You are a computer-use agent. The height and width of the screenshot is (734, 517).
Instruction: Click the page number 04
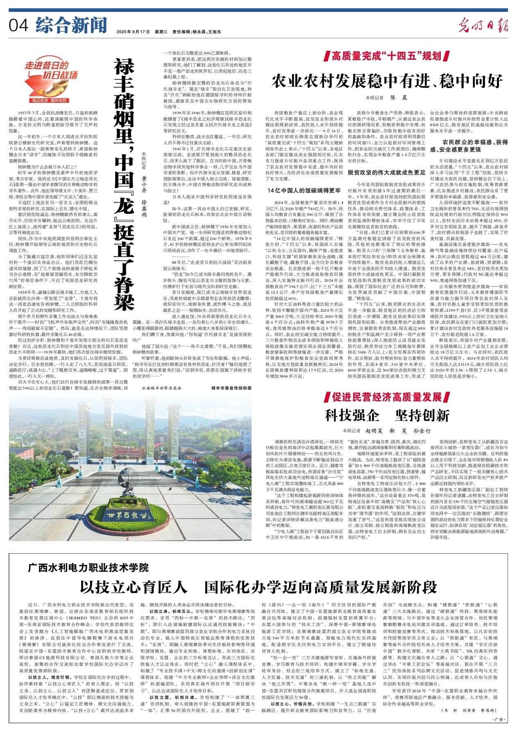(18, 26)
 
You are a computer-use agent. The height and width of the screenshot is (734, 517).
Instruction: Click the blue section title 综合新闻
(71, 25)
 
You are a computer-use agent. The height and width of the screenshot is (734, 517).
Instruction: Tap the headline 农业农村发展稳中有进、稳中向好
(387, 82)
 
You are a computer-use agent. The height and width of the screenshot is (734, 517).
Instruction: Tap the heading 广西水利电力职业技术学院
(88, 567)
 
